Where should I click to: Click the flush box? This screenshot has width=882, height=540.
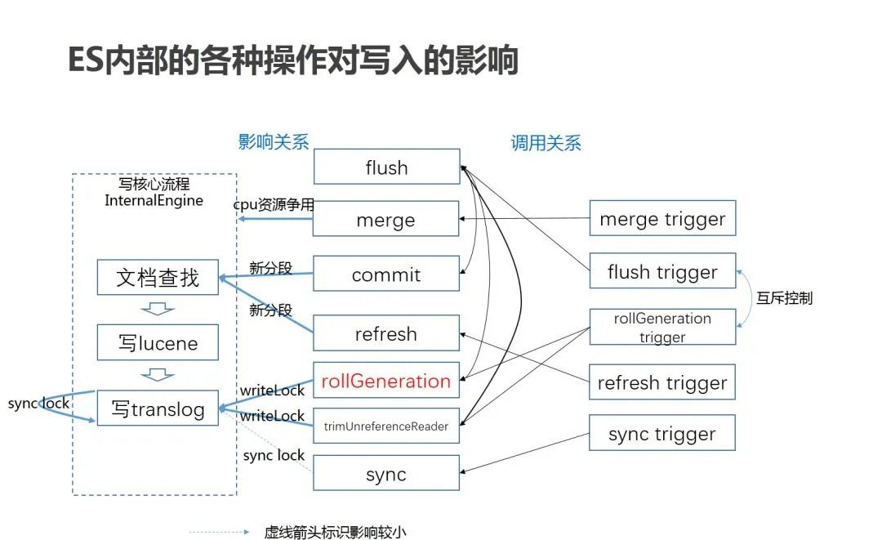click(386, 167)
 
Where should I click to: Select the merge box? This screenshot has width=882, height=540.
click(386, 219)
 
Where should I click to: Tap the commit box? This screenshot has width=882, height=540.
click(386, 274)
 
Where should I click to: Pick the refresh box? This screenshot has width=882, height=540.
click(386, 333)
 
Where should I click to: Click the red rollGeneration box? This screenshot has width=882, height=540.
click(386, 381)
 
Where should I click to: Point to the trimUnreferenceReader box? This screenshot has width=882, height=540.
click(386, 426)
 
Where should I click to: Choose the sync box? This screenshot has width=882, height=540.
click(386, 474)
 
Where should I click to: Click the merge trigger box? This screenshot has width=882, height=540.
click(662, 218)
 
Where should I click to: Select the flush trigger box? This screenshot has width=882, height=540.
click(662, 271)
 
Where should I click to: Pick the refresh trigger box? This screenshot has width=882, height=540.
click(662, 382)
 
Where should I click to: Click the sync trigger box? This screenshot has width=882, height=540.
click(662, 434)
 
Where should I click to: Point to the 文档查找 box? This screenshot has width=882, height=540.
click(158, 277)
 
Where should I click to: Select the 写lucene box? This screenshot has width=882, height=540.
click(158, 343)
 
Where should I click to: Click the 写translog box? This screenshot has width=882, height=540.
click(158, 408)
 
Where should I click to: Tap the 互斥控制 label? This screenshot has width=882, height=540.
click(784, 297)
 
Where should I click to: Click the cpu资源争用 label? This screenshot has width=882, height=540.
click(274, 204)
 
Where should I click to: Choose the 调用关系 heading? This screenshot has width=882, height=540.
click(546, 144)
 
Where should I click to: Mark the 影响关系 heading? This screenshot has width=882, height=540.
click(274, 142)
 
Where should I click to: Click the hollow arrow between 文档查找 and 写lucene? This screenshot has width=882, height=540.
click(158, 309)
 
